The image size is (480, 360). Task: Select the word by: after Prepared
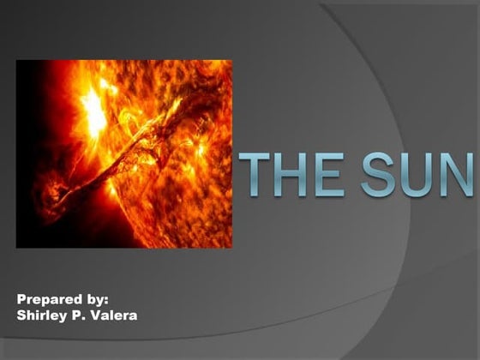(96, 300)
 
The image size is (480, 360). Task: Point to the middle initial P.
(80, 315)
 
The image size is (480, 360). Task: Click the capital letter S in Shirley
(21, 315)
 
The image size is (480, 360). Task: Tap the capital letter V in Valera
(97, 315)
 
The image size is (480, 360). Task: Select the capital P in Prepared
(21, 300)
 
